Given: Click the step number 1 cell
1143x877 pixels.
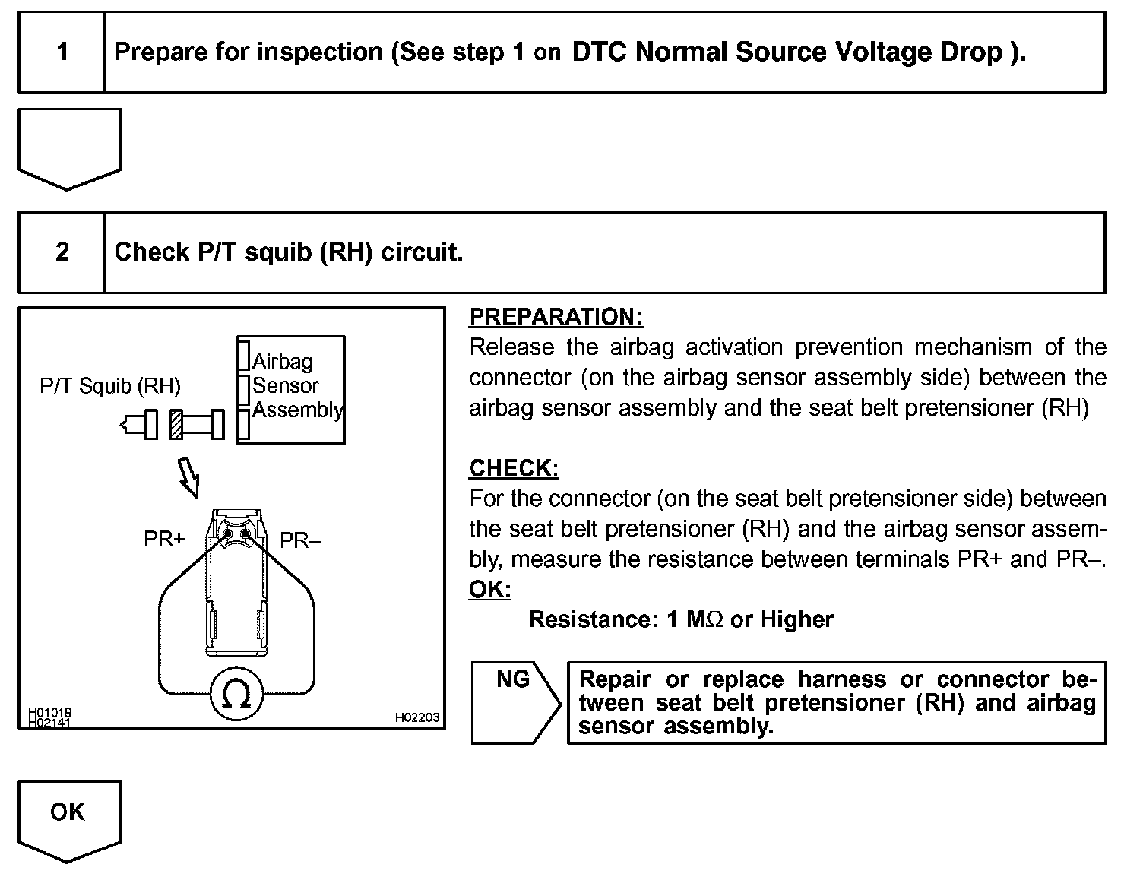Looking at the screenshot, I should (x=62, y=52).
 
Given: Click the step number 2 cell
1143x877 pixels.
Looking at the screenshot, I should (x=62, y=252).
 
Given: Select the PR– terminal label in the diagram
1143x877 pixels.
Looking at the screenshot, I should (x=301, y=540).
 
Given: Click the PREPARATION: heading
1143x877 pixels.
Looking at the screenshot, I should (x=556, y=317).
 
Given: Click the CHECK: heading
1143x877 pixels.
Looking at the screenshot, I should (x=514, y=468).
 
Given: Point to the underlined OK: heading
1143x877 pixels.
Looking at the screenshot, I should (x=489, y=589).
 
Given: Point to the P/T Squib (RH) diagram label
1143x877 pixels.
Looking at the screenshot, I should (x=110, y=386).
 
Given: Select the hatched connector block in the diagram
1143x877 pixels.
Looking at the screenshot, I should (x=176, y=424).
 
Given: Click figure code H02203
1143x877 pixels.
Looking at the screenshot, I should (x=416, y=717).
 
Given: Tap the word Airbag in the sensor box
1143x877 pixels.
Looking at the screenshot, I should (x=283, y=361).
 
